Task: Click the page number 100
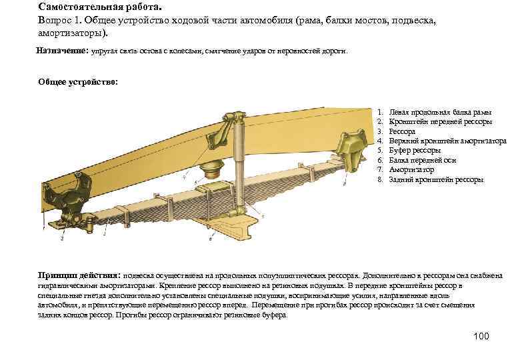pyautogui.click(x=481, y=335)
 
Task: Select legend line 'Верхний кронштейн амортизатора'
pyautogui.click(x=447, y=141)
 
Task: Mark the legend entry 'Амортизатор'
pyautogui.click(x=411, y=170)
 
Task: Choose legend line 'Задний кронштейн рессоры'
pyautogui.click(x=436, y=179)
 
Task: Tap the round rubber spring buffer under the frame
pyautogui.click(x=214, y=169)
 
